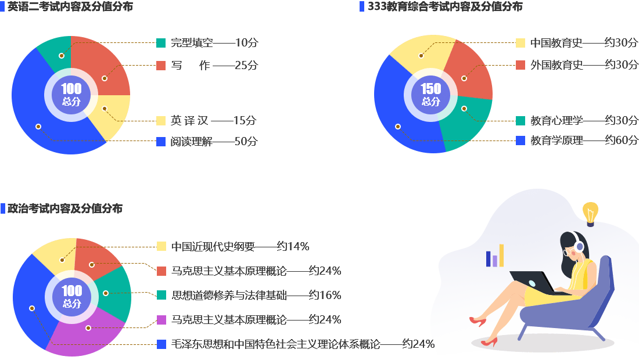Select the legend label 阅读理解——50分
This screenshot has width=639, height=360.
pos(214,142)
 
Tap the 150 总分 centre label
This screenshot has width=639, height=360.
pos(430,94)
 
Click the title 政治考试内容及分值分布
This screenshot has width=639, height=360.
pos(64,208)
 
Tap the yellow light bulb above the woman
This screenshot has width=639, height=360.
pos(590,213)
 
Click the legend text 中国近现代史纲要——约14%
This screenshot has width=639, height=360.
pos(240,246)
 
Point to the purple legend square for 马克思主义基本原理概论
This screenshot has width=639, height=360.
pos(161,320)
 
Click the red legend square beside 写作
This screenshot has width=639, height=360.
pos(161,66)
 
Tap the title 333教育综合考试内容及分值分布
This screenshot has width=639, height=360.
pos(445,6)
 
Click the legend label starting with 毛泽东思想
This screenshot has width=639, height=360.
pos(302,344)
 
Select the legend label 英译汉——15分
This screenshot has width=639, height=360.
pos(213,121)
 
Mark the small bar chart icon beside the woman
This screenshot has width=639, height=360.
pos(495,255)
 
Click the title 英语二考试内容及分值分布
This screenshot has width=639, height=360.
pos(70,7)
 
